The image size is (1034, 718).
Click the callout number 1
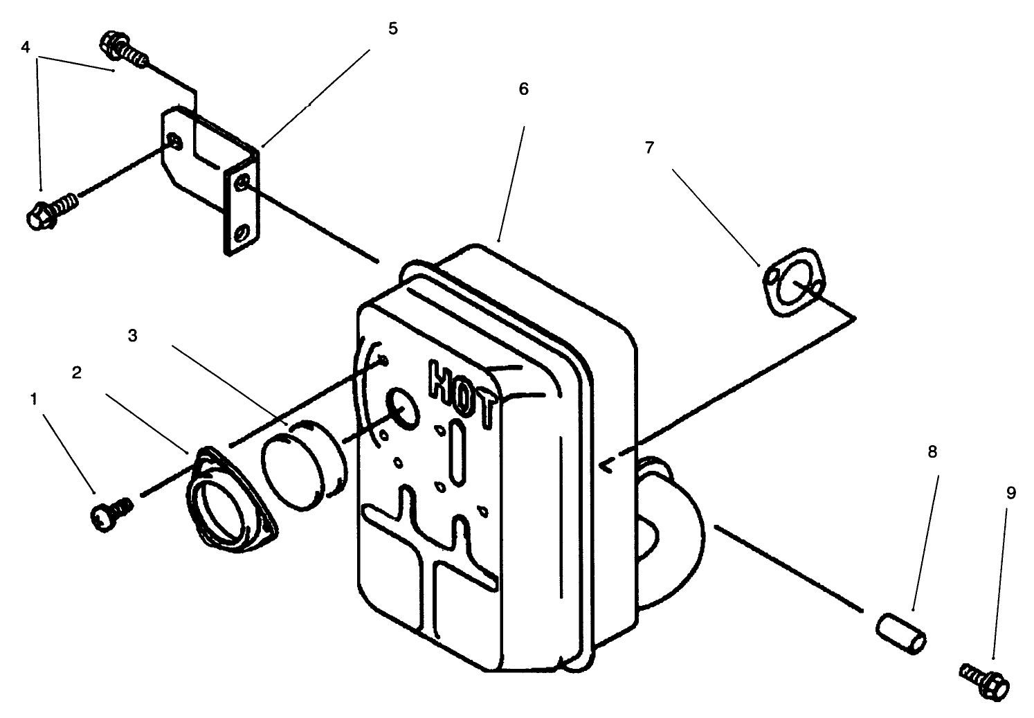(x=34, y=399)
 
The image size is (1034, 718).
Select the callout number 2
(x=77, y=373)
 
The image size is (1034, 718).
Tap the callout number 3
(x=133, y=335)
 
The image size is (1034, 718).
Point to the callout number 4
(x=26, y=47)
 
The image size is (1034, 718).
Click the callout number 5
(x=392, y=29)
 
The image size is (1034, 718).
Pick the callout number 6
(x=523, y=89)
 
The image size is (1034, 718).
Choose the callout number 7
(x=649, y=147)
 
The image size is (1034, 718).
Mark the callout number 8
(x=932, y=452)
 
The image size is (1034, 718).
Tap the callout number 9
(x=1010, y=493)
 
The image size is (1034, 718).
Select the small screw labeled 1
(x=109, y=514)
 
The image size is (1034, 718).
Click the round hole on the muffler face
(x=403, y=406)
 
